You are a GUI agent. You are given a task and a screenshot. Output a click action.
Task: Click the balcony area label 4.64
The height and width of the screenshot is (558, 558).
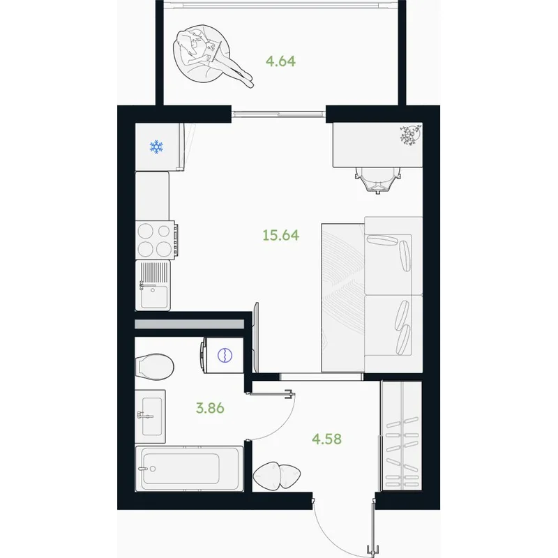[x=281, y=61]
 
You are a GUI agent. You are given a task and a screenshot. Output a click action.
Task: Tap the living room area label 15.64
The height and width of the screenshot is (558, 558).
[x=281, y=235]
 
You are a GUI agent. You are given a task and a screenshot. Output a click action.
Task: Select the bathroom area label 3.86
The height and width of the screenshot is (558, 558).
[x=210, y=408]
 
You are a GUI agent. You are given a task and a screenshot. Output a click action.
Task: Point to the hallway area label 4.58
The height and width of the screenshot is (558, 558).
[x=326, y=439]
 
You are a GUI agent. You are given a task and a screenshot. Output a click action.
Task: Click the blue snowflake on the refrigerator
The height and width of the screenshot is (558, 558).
[x=156, y=146]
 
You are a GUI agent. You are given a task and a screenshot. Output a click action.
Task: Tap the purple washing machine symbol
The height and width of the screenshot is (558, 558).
[x=225, y=355]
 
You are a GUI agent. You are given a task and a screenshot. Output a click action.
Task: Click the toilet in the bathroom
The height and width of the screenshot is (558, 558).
[x=154, y=367]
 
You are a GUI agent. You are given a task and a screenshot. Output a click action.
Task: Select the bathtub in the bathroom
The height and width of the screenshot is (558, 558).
[x=189, y=469]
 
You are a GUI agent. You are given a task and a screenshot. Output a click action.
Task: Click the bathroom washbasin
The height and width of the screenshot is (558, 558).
[x=150, y=416]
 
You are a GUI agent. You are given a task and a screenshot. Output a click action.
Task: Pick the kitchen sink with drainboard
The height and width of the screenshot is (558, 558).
[x=153, y=285]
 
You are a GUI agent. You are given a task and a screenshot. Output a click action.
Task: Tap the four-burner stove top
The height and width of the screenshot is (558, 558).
[x=156, y=240]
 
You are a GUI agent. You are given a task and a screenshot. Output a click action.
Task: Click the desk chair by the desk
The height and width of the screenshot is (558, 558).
[x=378, y=181]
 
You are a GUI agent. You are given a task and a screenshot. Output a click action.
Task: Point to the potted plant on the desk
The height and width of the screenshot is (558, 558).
[x=410, y=135]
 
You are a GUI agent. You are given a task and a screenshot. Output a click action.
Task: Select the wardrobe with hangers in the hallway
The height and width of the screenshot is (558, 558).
[x=401, y=435]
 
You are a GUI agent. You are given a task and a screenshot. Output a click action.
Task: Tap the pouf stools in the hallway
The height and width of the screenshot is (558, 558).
[x=277, y=475]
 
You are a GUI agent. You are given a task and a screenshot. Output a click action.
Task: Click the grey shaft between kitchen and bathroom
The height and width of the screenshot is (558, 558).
[x=189, y=324]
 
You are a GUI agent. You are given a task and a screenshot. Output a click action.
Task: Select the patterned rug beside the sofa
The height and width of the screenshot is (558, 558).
[x=343, y=299]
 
